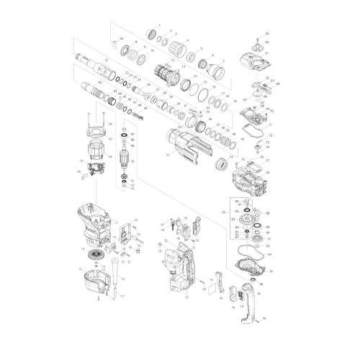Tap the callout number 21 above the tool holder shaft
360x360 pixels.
[106, 60]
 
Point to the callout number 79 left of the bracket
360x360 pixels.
[223, 213]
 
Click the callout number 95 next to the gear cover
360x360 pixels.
[271, 271]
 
